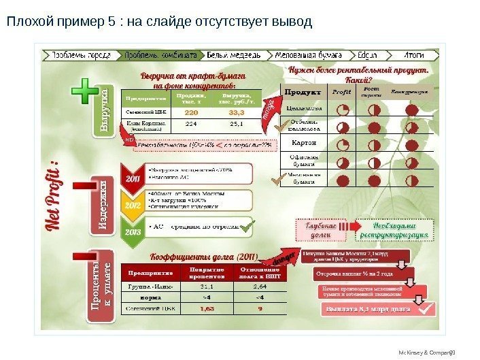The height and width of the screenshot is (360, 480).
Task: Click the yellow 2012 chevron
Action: (132, 202)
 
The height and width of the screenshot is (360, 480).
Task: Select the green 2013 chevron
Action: (132, 231)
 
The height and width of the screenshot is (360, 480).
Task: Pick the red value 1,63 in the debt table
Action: (207, 308)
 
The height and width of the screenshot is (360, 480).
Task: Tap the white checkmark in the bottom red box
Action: (427, 308)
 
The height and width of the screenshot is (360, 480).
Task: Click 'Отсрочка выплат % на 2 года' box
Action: (354, 274)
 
